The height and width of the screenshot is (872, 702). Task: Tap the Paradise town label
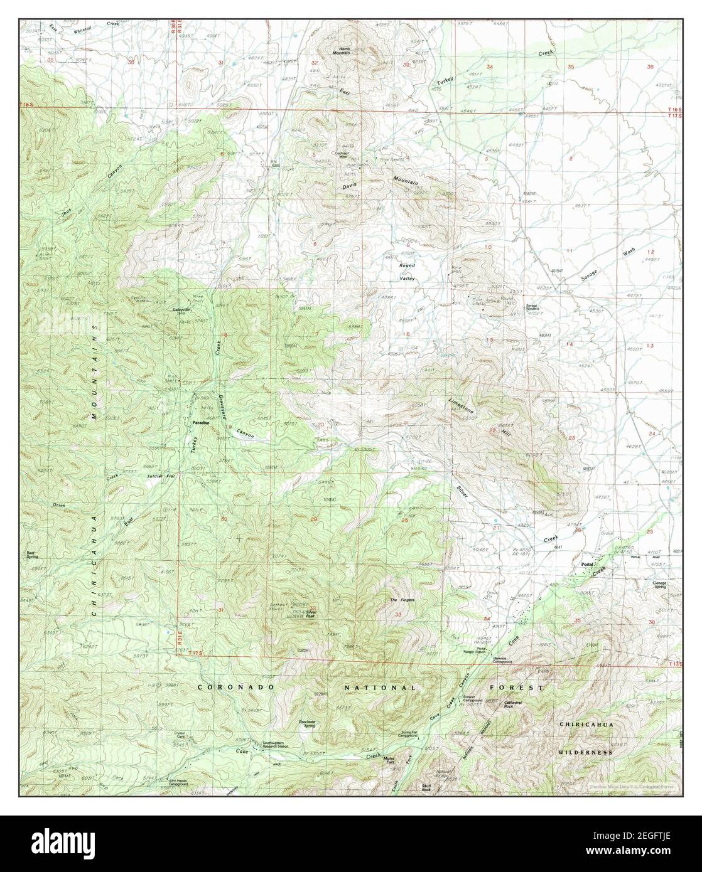(200, 425)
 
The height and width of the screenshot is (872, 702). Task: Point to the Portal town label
(587, 564)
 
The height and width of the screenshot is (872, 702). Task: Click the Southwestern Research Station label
(276, 745)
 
